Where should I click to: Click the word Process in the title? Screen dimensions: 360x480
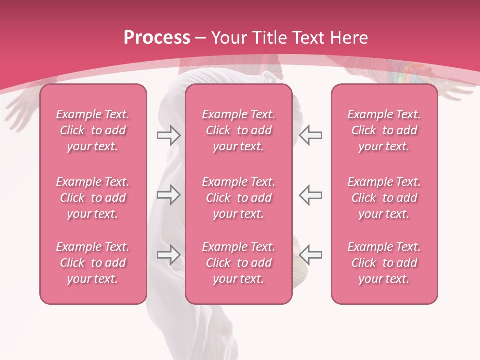tap(157, 38)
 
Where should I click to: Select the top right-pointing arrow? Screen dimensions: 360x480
tap(168, 135)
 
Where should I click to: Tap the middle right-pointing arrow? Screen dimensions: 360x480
tap(168, 195)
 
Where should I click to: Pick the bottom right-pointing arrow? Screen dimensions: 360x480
tap(168, 255)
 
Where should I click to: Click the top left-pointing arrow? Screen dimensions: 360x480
tap(311, 135)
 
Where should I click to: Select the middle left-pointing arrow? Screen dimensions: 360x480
tap(311, 195)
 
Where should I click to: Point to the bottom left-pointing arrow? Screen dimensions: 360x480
tap(311, 255)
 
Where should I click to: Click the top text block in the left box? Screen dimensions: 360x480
tap(93, 130)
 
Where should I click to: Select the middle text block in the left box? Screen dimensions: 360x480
tap(93, 198)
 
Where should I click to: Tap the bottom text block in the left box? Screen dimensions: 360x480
tap(93, 263)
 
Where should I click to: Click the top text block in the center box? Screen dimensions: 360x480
tap(238, 130)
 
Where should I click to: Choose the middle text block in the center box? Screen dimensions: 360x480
tap(238, 198)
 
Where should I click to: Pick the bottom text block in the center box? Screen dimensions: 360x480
tap(238, 263)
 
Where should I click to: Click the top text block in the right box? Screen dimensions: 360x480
tap(384, 130)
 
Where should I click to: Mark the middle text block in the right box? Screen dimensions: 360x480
tap(384, 198)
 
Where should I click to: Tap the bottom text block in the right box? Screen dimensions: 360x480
tap(384, 263)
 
